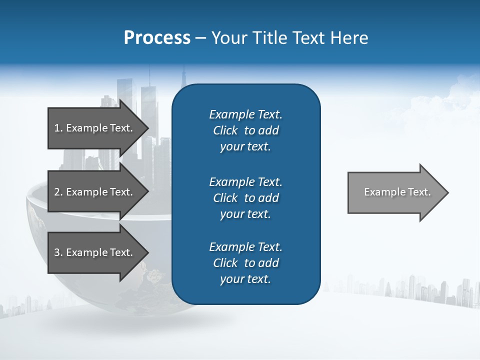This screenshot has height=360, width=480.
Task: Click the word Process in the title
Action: (157, 38)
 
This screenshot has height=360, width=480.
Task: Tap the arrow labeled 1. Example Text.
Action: (95, 128)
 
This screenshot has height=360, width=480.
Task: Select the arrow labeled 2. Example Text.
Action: (95, 192)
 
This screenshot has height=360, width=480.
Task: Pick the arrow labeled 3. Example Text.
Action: (95, 252)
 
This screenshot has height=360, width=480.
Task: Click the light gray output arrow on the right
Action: (395, 192)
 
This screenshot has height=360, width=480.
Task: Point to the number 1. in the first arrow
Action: (58, 128)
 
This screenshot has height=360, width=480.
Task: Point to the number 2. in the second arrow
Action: (58, 192)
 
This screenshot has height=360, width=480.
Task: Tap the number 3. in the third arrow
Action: (58, 252)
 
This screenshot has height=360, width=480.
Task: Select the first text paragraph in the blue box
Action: (245, 130)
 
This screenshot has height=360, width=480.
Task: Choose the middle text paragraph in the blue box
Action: (245, 198)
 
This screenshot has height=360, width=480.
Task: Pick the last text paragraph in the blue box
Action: (245, 263)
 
